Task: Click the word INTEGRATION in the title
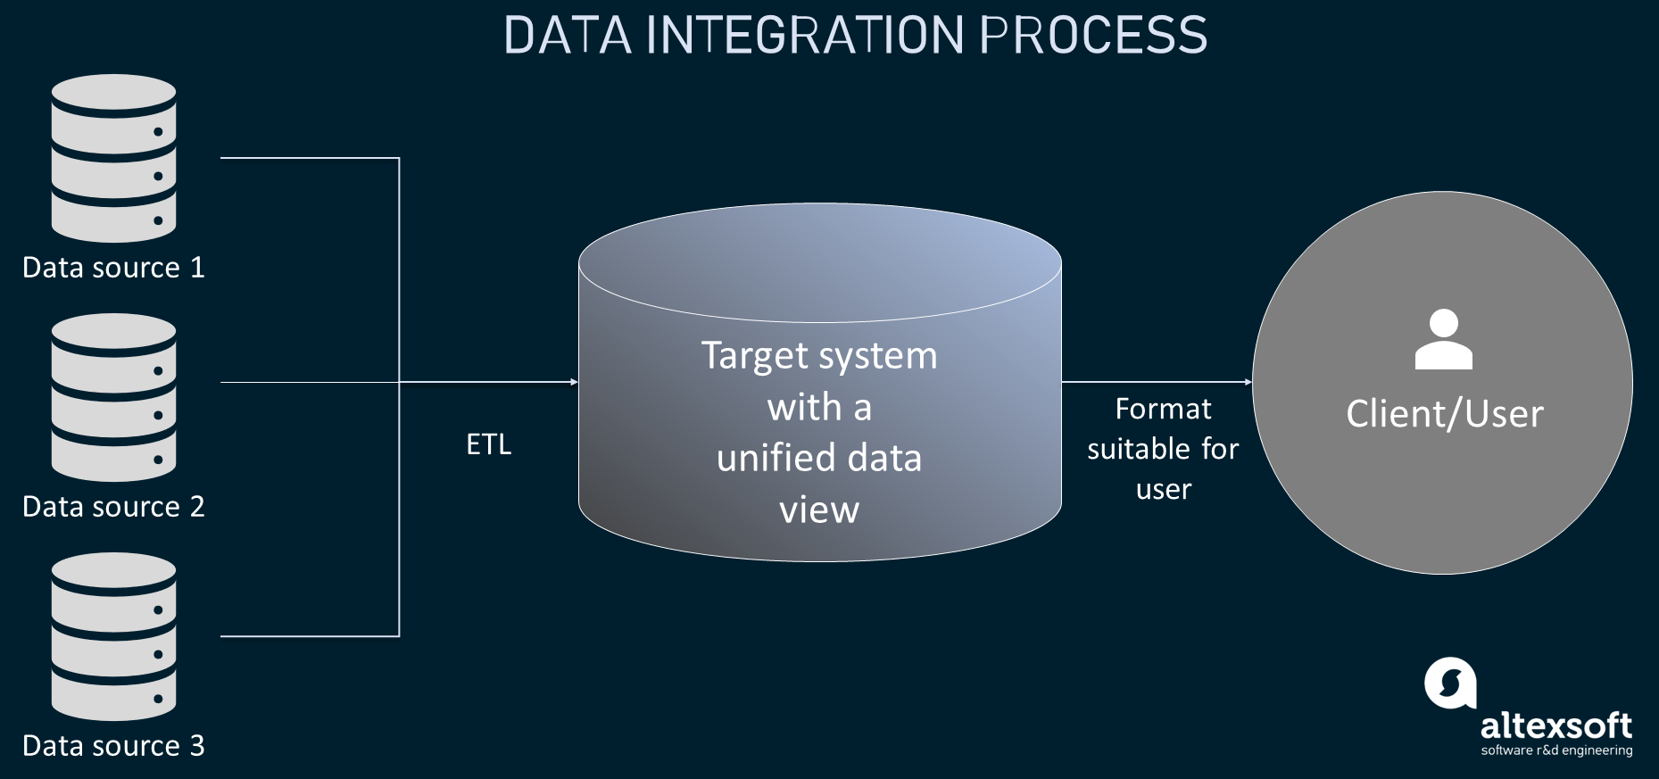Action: (x=804, y=36)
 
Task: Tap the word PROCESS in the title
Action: (x=1093, y=36)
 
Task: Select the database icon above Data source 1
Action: (x=113, y=158)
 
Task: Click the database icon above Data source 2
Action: (x=113, y=397)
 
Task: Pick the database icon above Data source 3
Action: (x=113, y=636)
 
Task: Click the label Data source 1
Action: (x=113, y=268)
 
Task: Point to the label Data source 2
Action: (x=113, y=507)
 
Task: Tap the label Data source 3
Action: (x=113, y=746)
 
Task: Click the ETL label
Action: (x=488, y=444)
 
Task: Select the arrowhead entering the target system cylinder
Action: (x=575, y=382)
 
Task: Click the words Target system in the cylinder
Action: (x=819, y=356)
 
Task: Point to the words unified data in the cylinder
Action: (x=819, y=459)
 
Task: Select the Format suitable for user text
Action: (x=1163, y=449)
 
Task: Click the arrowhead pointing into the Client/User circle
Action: (x=1248, y=382)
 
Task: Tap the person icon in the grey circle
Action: (x=1443, y=340)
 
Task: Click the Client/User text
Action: (x=1444, y=414)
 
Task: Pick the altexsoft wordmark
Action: (x=1555, y=725)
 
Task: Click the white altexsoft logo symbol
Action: (x=1450, y=684)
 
